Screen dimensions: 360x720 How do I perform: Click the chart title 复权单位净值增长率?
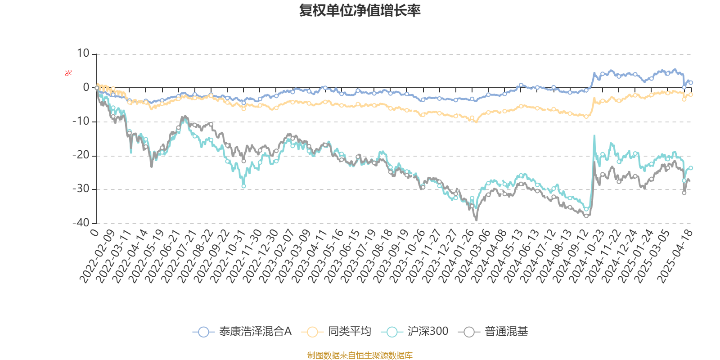(x=360, y=11)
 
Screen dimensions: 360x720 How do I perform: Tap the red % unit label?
(x=68, y=73)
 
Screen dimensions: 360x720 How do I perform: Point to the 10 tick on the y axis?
(x=83, y=54)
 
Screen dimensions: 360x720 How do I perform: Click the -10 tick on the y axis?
(x=81, y=121)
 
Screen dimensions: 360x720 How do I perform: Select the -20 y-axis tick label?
(x=81, y=155)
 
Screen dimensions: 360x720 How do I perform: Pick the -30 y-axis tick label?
(x=81, y=189)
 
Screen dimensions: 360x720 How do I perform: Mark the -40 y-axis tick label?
(x=81, y=223)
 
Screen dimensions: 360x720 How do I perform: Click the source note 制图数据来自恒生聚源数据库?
(x=360, y=355)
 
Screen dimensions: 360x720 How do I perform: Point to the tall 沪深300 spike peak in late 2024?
(x=594, y=135)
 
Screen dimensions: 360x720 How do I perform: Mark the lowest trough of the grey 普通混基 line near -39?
(x=476, y=220)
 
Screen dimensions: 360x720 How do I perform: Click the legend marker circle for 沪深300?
(x=392, y=332)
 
